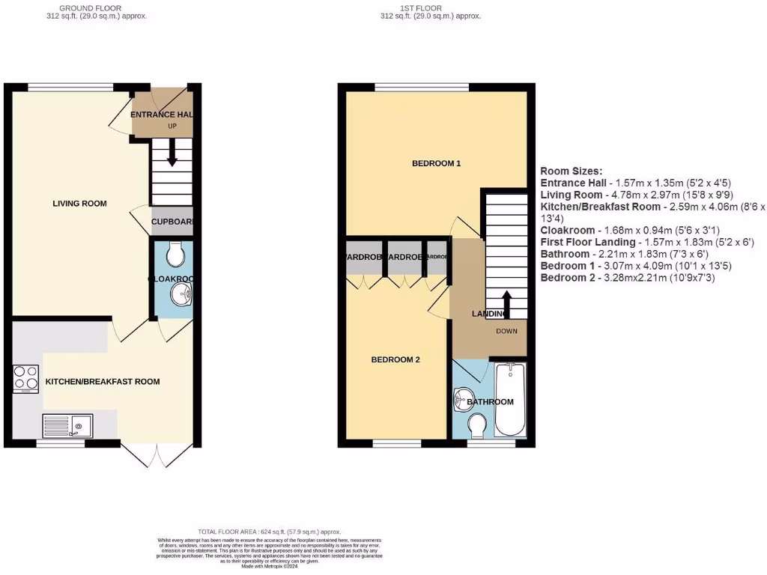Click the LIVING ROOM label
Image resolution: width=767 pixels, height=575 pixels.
[79, 204]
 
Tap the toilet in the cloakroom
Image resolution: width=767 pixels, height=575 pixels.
[177, 255]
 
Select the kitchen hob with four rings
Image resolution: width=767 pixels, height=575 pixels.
[25, 379]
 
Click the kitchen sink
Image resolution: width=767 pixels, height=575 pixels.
[67, 425]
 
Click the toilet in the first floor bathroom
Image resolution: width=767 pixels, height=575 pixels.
[475, 427]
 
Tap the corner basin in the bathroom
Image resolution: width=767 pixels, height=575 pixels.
[464, 399]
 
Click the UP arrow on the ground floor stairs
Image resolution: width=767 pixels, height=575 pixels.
[172, 155]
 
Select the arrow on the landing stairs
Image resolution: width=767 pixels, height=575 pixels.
[506, 304]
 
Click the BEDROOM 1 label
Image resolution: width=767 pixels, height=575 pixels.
[436, 163]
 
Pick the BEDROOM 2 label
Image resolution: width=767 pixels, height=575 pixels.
[395, 360]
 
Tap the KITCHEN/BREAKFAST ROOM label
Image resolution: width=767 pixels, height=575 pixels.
[103, 382]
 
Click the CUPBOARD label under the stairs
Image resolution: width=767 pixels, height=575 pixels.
[173, 222]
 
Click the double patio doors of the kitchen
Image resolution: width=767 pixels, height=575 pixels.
[142, 455]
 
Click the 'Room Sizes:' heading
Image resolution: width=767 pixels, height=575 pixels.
[571, 171]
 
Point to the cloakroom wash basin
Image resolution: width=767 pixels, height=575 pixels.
[181, 297]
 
